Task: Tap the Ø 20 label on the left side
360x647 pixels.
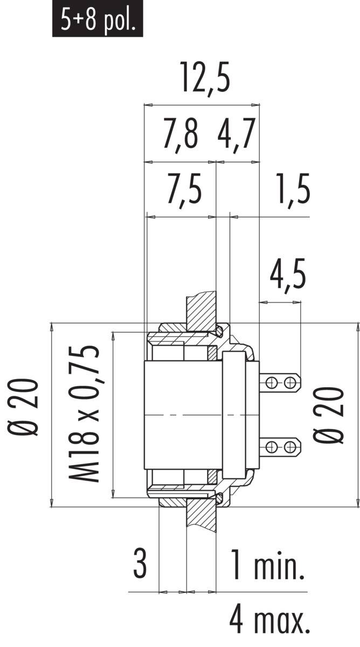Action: [26, 414]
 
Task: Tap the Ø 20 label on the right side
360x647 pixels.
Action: [330, 414]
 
